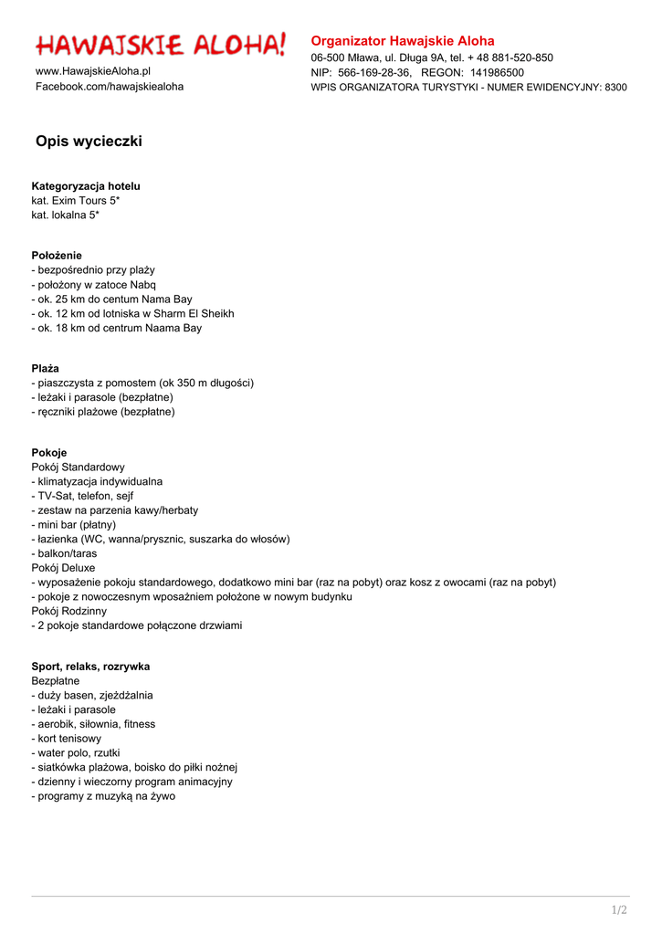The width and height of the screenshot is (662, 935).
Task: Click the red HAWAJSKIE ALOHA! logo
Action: click(x=161, y=44)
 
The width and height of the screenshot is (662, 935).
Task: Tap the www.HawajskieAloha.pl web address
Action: click(x=93, y=71)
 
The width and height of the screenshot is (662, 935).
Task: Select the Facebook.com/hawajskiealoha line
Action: click(x=110, y=87)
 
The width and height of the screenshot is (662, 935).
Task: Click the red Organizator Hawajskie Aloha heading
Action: click(x=403, y=41)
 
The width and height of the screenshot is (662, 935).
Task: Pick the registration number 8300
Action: click(x=615, y=88)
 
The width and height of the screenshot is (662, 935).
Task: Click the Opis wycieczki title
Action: click(x=89, y=142)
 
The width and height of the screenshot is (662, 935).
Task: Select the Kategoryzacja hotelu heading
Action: click(x=86, y=186)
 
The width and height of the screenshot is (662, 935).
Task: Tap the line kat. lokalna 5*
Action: click(x=66, y=215)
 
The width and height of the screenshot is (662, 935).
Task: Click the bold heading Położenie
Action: click(x=57, y=256)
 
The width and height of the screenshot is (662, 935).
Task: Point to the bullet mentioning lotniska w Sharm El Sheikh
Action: click(x=133, y=313)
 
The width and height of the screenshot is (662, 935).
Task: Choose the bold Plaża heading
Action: click(x=45, y=369)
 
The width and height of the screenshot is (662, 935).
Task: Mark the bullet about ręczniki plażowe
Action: click(x=103, y=412)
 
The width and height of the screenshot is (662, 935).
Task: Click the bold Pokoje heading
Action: click(x=49, y=453)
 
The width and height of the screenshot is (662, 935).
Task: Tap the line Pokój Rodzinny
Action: click(x=69, y=611)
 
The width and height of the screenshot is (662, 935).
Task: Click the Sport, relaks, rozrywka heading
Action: click(x=90, y=667)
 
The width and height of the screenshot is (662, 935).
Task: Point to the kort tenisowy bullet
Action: click(x=67, y=739)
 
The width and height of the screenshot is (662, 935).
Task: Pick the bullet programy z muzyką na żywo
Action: click(x=103, y=796)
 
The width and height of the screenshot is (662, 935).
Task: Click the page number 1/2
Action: click(x=619, y=910)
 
